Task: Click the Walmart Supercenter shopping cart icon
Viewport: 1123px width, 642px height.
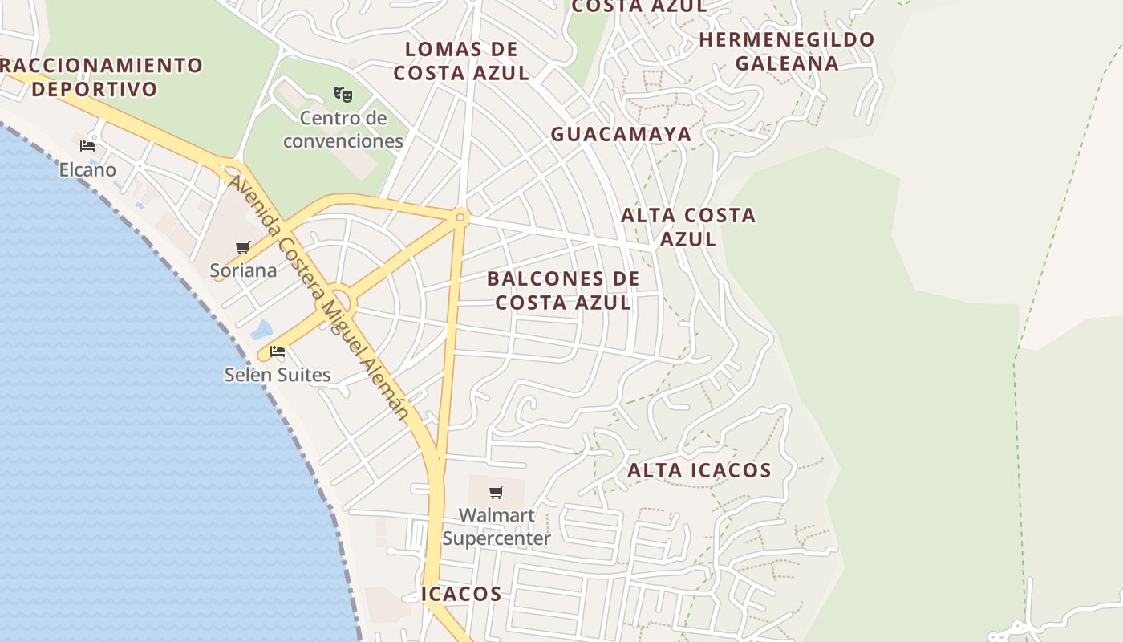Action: [x=497, y=492]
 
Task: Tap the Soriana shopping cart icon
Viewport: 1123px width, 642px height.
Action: [x=243, y=247]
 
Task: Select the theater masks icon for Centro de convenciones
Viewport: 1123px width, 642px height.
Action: [x=343, y=95]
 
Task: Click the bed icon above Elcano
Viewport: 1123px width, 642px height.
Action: [x=87, y=146]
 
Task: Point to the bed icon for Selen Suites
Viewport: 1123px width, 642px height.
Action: [x=278, y=351]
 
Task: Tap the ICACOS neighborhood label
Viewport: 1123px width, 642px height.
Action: [x=462, y=594]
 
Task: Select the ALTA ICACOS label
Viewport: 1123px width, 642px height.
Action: [x=699, y=470]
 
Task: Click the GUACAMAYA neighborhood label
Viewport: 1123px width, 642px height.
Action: [x=621, y=134]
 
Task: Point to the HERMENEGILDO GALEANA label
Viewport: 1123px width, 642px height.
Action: [x=787, y=51]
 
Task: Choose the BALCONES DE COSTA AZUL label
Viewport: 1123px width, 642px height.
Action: [x=563, y=291]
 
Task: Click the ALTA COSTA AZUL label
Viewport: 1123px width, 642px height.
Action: [x=688, y=226]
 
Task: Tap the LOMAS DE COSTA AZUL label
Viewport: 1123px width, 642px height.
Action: [x=461, y=61]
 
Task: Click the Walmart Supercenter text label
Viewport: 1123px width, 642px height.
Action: [x=497, y=526]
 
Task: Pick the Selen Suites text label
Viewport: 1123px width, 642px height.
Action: [x=278, y=375]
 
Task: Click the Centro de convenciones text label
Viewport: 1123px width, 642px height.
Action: [x=343, y=130]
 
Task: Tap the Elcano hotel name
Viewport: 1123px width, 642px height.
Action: [x=87, y=170]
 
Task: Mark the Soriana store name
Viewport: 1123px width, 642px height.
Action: [x=243, y=270]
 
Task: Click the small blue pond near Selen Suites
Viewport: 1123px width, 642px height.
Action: [x=261, y=330]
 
